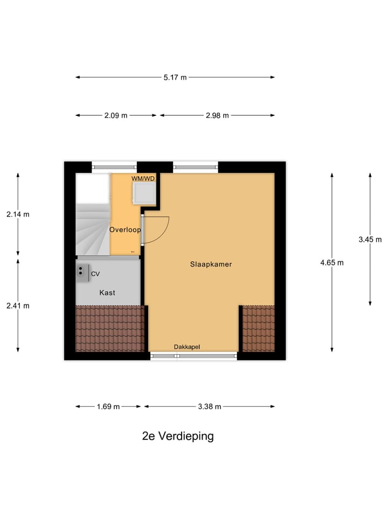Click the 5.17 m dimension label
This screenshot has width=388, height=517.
[175, 77]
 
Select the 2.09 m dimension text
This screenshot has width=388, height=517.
[116, 115]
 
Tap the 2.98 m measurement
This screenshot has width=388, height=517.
[217, 115]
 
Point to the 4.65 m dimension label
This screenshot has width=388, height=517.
[332, 263]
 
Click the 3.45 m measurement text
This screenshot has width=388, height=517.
[370, 240]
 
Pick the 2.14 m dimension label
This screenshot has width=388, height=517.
[18, 214]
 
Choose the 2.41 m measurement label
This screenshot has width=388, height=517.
[18, 305]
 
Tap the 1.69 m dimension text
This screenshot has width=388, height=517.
[108, 407]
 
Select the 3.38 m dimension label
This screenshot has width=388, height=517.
[210, 407]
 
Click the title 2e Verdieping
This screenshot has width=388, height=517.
[178, 436]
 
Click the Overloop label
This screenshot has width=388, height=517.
[125, 230]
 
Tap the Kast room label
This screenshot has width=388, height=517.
[107, 292]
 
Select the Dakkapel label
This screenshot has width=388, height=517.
[187, 347]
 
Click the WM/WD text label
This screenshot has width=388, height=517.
[143, 178]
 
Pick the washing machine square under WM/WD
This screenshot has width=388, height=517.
[144, 192]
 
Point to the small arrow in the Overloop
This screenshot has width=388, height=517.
[133, 251]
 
